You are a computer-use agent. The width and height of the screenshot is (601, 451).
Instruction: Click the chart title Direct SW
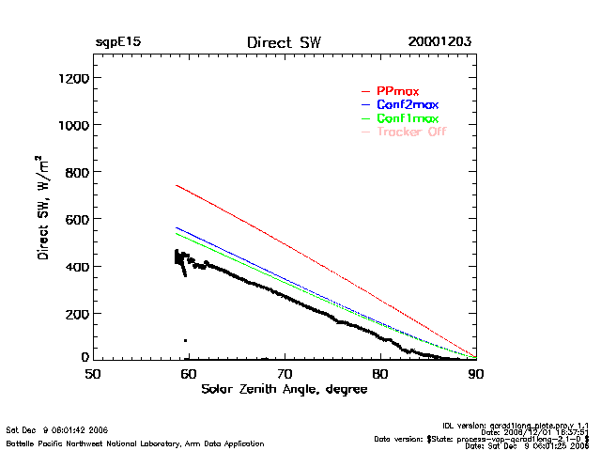point(283,43)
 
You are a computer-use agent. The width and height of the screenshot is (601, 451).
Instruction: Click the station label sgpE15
point(118,43)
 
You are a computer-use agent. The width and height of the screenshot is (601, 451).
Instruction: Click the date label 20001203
point(439,43)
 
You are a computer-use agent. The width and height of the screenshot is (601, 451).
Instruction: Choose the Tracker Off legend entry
point(410,132)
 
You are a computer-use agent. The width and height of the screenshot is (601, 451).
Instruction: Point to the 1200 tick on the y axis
point(72,78)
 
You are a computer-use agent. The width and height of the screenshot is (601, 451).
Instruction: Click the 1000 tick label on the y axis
point(72,125)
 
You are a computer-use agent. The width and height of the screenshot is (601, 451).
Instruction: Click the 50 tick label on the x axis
point(92,373)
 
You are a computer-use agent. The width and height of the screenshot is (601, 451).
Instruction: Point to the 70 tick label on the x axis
point(285,373)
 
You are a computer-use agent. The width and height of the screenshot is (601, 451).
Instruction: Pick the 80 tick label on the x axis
point(380,373)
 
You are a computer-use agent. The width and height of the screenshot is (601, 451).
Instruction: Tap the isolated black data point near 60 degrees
point(185,340)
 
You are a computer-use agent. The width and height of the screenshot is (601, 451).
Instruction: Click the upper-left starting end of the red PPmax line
point(177,186)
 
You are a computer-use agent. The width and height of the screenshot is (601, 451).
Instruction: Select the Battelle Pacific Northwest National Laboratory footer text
point(134,443)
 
